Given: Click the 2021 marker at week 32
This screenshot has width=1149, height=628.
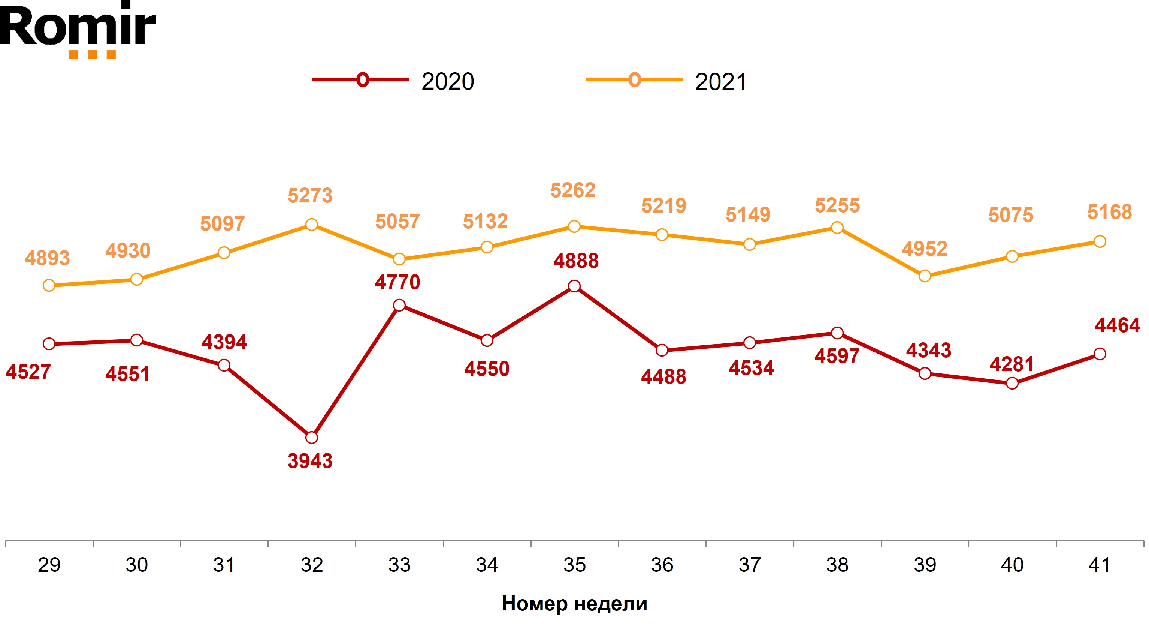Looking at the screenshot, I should (312, 225).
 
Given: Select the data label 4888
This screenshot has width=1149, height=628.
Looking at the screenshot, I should (576, 261).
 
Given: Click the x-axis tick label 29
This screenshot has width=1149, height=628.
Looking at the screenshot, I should (49, 565).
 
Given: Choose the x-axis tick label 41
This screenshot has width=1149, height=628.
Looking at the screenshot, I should (1100, 565).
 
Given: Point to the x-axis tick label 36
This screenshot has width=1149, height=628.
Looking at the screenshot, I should (662, 565).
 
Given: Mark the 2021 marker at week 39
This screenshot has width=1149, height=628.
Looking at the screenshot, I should (925, 276).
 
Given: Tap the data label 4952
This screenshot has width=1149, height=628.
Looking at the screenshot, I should (925, 249).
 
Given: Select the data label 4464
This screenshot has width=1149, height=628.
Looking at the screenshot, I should (1117, 325).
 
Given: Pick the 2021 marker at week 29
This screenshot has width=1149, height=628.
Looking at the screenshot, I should (49, 286).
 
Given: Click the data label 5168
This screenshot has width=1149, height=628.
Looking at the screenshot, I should (1109, 212).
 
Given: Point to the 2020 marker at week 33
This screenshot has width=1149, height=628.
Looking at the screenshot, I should (399, 305).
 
